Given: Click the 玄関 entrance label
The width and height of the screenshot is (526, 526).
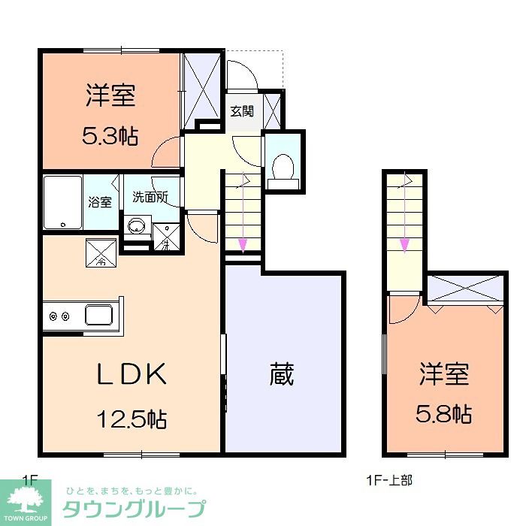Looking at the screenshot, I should pos(241,111).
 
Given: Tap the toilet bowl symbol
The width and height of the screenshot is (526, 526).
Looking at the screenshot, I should pos(283,166).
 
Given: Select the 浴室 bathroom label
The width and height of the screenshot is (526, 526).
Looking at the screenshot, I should pos(100,201).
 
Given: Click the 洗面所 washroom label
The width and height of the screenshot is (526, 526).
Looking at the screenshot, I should pos(150,198).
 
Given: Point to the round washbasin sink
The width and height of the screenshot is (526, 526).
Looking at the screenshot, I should pos(136,225).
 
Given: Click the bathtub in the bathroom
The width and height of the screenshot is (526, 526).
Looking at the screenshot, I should pos(62,202).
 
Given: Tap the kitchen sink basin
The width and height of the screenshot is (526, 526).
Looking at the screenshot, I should pos(98,314).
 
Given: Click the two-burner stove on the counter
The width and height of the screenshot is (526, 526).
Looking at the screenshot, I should pos(59,316).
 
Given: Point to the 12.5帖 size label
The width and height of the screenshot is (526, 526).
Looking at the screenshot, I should pos(131,417).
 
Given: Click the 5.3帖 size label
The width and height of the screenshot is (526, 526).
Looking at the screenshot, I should pos(110,135).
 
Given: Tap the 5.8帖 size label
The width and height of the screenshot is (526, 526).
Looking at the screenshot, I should pos(444,413).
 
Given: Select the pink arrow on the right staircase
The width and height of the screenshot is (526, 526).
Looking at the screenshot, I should pos(404,243).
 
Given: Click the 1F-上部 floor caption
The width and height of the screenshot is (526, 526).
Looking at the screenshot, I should pos(388,479).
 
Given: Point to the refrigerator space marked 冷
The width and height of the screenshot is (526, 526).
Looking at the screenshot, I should pos(100,253).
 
